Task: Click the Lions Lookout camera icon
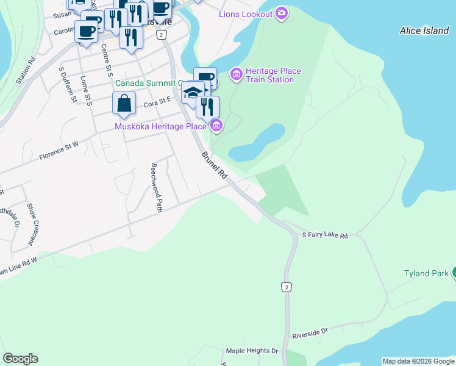281,13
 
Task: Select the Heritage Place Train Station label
273,75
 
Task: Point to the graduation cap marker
192,93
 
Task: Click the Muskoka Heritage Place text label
161,126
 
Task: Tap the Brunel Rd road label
215,165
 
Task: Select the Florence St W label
59,151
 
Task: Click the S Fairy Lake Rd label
325,235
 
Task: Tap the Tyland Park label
426,273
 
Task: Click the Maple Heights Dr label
252,351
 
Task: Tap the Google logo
20,359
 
